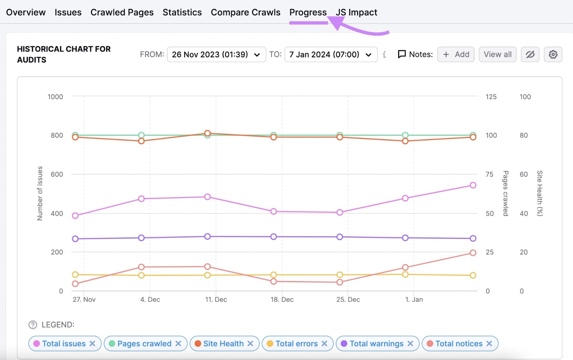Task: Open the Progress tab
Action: (x=308, y=13)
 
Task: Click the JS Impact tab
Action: (x=356, y=13)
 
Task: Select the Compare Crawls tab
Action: (x=245, y=13)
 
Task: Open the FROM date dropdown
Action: (x=216, y=54)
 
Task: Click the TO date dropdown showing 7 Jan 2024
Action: (x=331, y=54)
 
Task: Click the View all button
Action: (x=497, y=54)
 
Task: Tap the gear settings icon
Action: (x=553, y=54)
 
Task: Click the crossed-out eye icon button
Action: (x=530, y=54)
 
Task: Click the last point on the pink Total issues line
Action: (x=473, y=185)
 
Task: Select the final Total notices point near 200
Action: (x=473, y=253)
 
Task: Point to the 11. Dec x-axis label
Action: (x=216, y=299)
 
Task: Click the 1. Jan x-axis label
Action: (x=414, y=299)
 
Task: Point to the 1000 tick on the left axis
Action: (x=55, y=97)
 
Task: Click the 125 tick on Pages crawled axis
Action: (x=491, y=97)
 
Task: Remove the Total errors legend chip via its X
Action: (x=324, y=344)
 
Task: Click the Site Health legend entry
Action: (x=223, y=344)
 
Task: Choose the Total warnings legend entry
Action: (x=376, y=344)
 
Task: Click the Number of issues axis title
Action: (x=40, y=193)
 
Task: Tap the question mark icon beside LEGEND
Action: (x=33, y=325)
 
